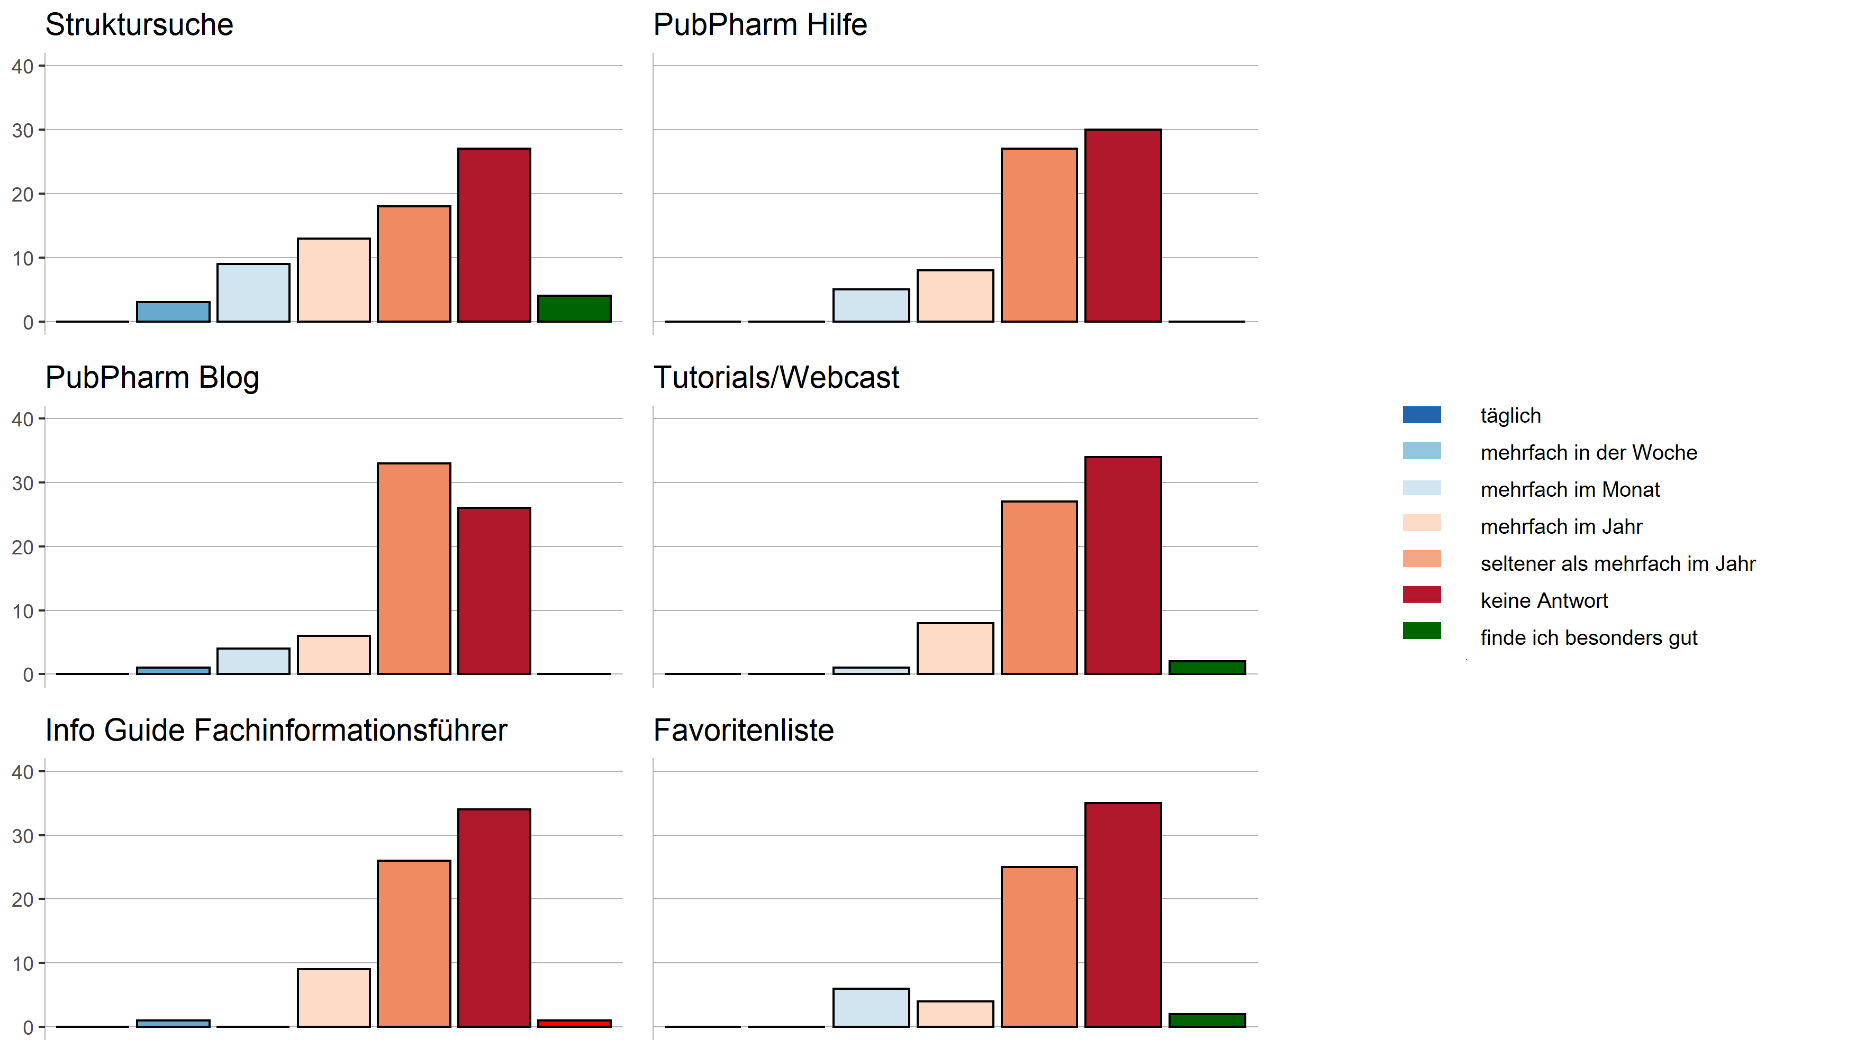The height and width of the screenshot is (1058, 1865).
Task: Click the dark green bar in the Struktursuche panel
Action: click(x=574, y=309)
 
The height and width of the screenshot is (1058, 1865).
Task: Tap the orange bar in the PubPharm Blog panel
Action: click(x=413, y=568)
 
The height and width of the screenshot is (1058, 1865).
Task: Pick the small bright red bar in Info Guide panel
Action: click(x=574, y=1023)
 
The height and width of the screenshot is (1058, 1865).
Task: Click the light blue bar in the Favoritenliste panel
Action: click(x=870, y=1007)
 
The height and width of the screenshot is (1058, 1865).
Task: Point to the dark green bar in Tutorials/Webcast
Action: click(x=1207, y=667)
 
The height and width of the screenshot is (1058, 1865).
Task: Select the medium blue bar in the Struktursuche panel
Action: click(x=173, y=312)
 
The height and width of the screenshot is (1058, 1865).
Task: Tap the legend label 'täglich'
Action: click(x=1510, y=416)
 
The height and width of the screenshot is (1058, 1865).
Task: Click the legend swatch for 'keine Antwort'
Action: click(x=1421, y=595)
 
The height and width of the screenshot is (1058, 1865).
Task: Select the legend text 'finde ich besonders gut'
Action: click(x=1588, y=638)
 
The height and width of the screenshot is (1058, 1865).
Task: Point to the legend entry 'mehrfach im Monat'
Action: click(x=1569, y=490)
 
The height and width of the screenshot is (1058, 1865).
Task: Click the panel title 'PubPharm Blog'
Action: click(x=152, y=378)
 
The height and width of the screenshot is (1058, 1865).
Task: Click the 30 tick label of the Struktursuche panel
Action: click(x=23, y=131)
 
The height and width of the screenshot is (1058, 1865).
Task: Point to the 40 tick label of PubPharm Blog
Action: click(x=23, y=419)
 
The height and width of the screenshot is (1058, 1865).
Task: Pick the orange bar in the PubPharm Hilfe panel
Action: click(x=1039, y=235)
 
